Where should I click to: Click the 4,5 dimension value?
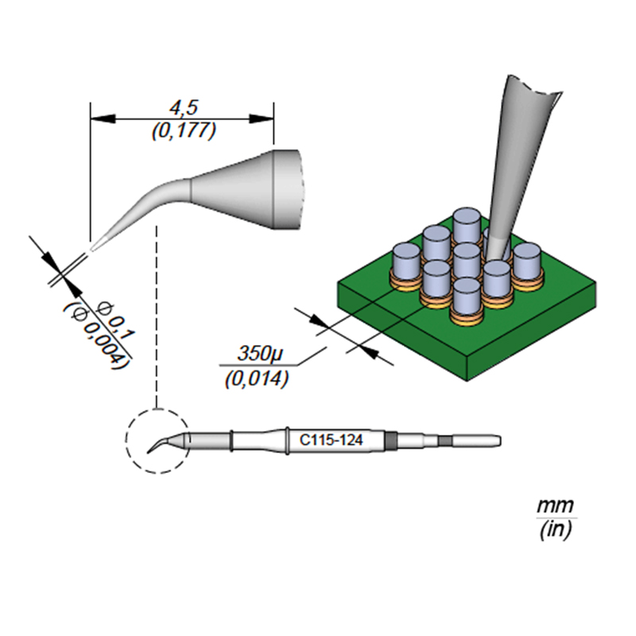[183, 107]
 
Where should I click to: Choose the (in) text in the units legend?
[554, 529]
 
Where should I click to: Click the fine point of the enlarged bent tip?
[93, 249]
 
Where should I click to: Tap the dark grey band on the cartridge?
[390, 439]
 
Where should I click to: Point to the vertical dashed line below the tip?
[159, 318]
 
